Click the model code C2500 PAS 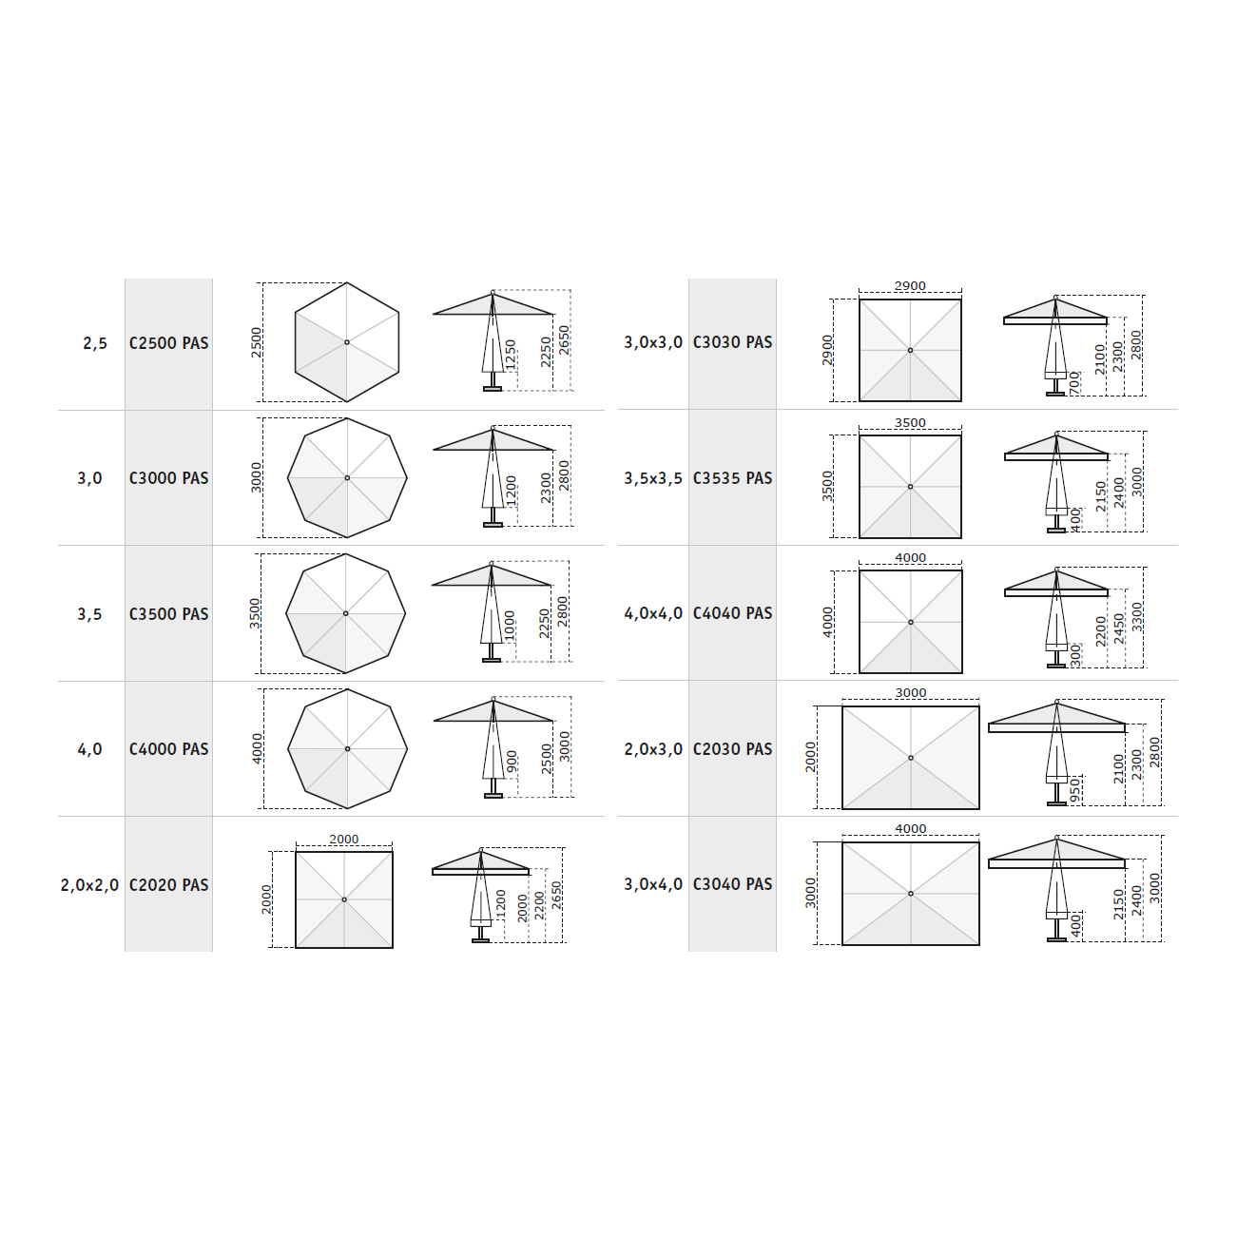click(x=169, y=343)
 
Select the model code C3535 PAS click(x=732, y=478)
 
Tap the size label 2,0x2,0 click(x=90, y=886)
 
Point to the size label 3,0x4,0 click(x=653, y=884)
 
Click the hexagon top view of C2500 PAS click(x=347, y=342)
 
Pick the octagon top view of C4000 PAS click(x=347, y=749)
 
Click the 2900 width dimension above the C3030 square click(x=910, y=285)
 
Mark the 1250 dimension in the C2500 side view click(x=511, y=355)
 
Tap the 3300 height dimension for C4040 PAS click(x=1137, y=617)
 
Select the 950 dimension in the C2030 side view click(x=1074, y=791)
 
